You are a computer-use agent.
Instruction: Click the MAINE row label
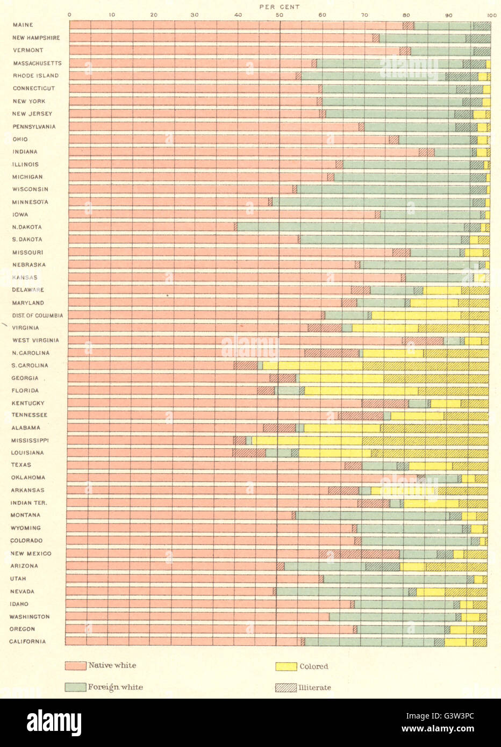tap(23, 25)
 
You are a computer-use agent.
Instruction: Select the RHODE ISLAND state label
tap(35, 76)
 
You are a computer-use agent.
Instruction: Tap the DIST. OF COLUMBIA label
tap(38, 315)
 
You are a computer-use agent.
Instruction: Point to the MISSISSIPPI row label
tap(30, 440)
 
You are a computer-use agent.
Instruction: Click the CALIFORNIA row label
tap(27, 642)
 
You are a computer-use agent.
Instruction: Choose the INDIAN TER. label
tap(29, 503)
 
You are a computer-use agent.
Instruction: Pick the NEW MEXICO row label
tap(31, 554)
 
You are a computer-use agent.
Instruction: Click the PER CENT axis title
tap(280, 7)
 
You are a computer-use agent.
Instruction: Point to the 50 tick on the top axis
tap(280, 15)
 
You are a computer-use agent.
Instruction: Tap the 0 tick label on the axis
tap(69, 15)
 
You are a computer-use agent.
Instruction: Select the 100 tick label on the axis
tap(491, 15)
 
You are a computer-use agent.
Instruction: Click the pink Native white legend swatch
tap(75, 666)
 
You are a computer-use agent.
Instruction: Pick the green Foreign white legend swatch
tap(75, 687)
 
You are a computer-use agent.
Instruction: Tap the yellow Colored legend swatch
tap(286, 666)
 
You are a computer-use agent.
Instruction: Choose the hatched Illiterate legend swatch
tap(286, 688)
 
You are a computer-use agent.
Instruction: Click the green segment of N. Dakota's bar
tap(349, 227)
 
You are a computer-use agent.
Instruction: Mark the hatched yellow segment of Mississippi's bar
tap(425, 441)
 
